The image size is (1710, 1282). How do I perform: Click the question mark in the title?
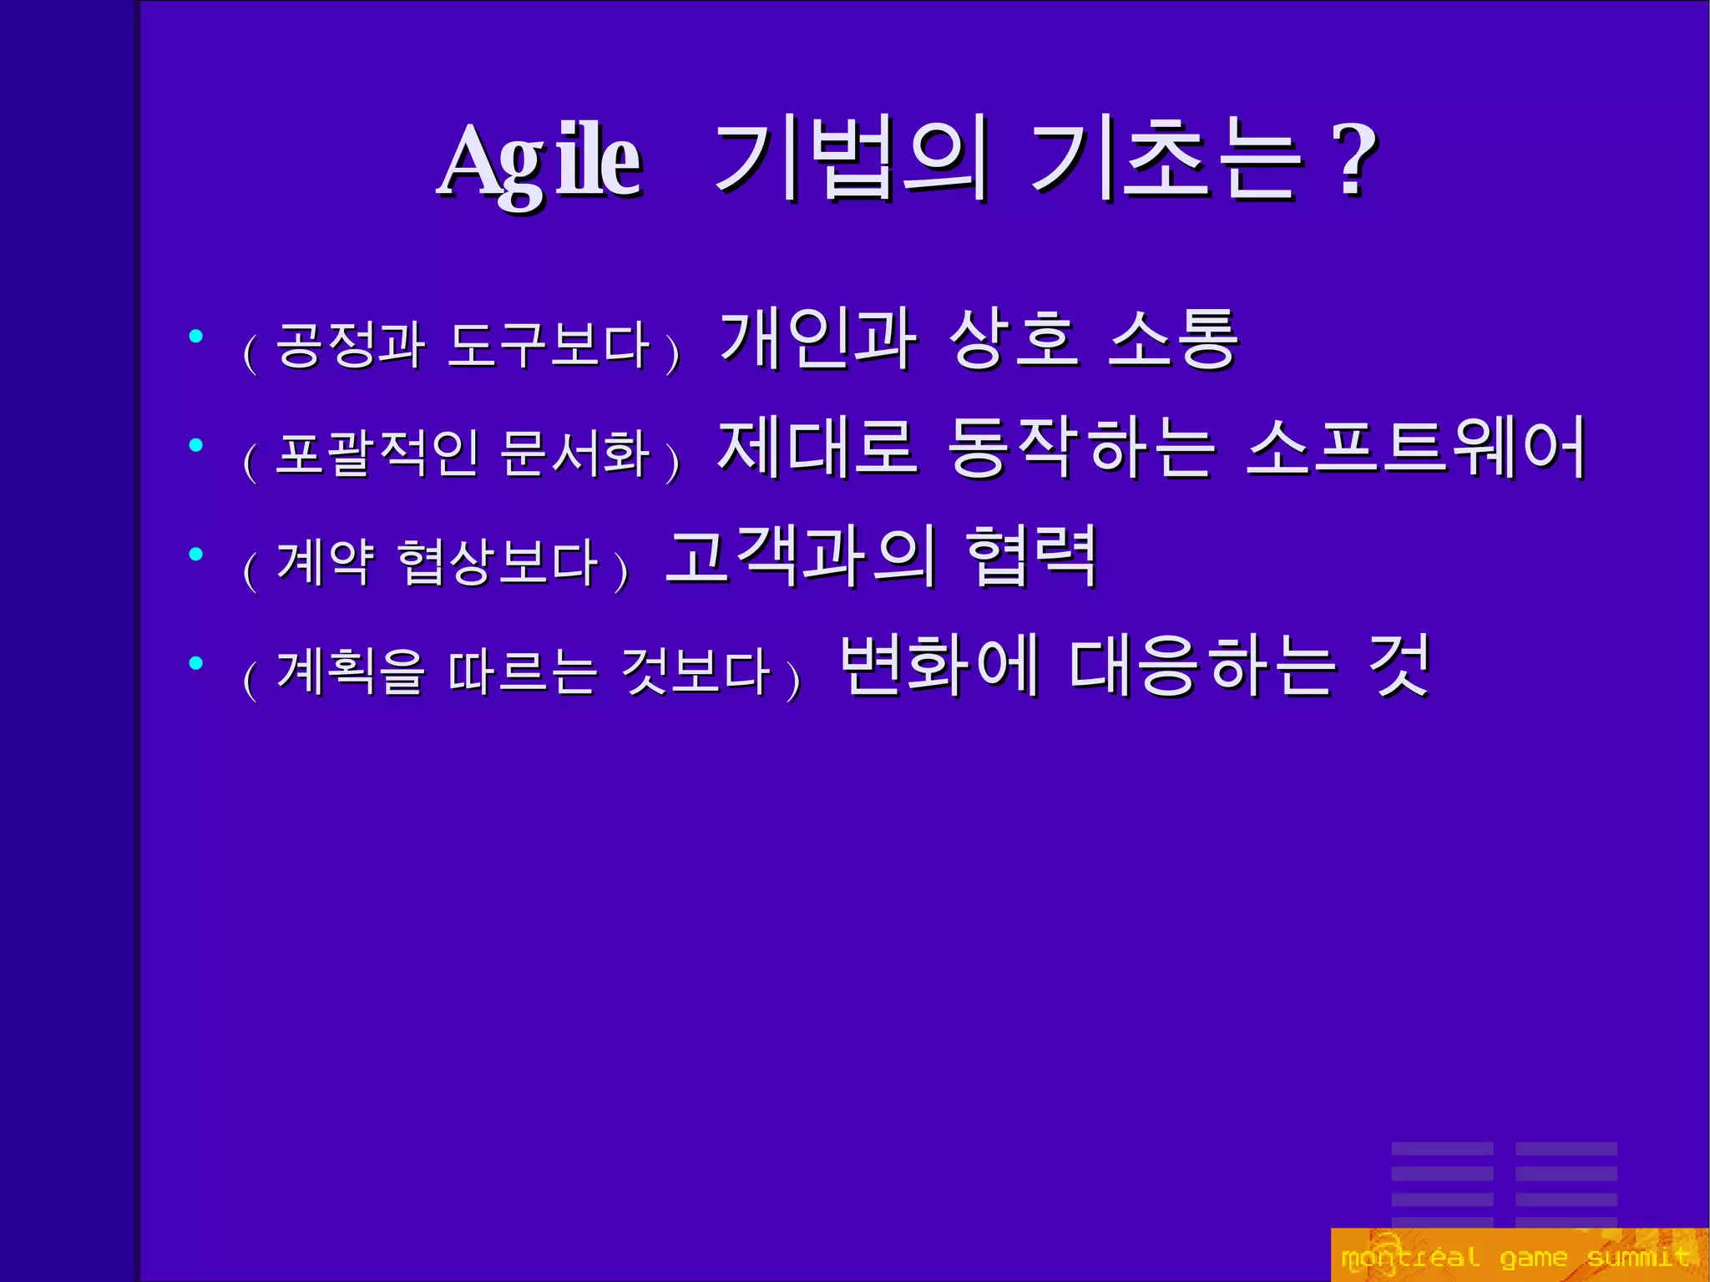click(1355, 160)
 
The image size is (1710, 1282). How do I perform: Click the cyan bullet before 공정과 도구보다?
click(196, 337)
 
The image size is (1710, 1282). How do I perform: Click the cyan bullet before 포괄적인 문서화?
click(196, 445)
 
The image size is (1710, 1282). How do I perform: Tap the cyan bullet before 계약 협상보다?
click(196, 554)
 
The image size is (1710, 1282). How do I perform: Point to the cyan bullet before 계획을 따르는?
click(196, 662)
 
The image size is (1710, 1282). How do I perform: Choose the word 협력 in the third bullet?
click(1031, 556)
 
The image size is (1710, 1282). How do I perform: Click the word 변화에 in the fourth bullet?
click(939, 665)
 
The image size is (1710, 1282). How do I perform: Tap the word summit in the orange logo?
click(1638, 1256)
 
